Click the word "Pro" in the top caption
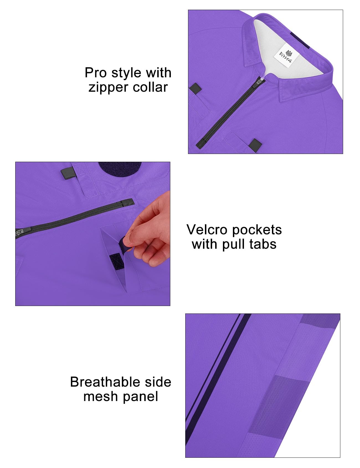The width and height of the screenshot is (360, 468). [x=96, y=73]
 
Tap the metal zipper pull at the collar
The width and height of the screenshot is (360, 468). [x=260, y=81]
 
